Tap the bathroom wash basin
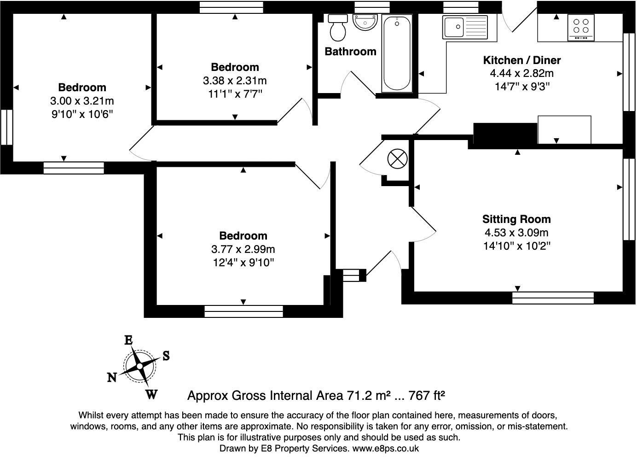[365, 22]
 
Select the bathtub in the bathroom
[397, 53]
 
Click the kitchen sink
[453, 27]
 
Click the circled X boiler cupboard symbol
[397, 159]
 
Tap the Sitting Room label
[516, 219]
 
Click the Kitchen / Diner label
[522, 60]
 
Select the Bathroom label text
[350, 52]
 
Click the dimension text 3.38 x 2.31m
[235, 81]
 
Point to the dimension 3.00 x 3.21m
[82, 101]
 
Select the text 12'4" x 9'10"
[243, 263]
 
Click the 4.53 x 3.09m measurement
[516, 233]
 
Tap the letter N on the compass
[112, 378]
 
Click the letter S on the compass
[166, 356]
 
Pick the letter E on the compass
[129, 340]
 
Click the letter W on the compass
[151, 394]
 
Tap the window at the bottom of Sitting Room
[553, 298]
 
